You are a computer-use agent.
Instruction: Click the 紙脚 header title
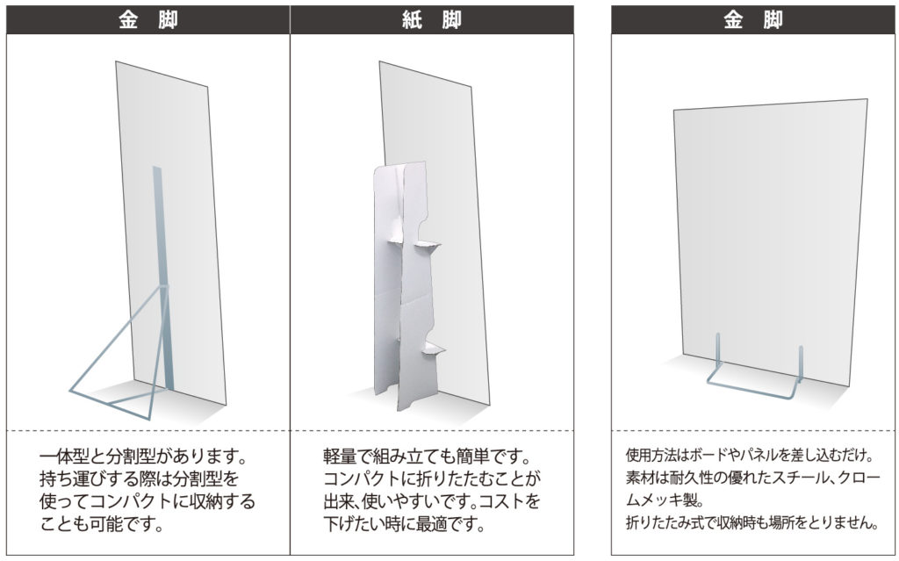pos(432,20)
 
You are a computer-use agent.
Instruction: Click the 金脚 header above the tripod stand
pos(147,20)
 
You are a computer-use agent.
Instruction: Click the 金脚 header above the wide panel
pos(752,20)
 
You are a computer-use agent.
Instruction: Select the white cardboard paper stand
pos(408,285)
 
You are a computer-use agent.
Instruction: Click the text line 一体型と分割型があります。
pos(143,457)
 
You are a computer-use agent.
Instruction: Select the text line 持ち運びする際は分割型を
pos(138,478)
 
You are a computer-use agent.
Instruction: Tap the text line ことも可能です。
pos(102,522)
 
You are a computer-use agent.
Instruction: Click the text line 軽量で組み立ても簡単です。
pos(428,457)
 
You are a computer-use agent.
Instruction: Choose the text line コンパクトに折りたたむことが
pos(432,478)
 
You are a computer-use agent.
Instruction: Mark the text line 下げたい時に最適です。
pos(404,522)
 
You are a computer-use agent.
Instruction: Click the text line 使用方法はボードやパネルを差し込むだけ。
pos(750,456)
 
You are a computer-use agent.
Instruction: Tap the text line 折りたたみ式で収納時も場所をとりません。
pos(752,522)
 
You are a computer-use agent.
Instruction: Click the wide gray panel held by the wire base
pos(771,241)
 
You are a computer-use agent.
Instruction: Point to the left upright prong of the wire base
pos(716,351)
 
